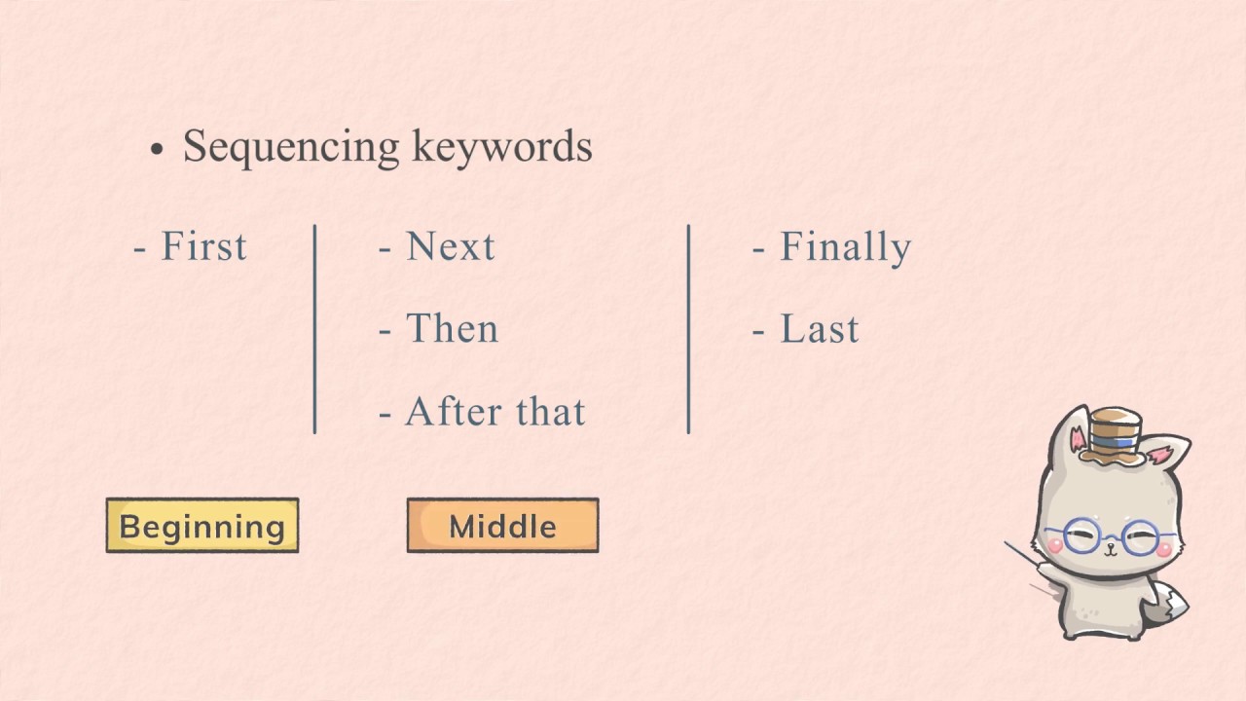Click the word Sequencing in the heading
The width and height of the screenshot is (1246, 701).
point(291,147)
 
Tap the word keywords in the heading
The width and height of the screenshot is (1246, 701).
point(502,147)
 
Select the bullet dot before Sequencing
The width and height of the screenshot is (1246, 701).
point(158,149)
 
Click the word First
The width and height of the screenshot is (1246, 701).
point(203,245)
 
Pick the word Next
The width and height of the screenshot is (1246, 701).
point(451,245)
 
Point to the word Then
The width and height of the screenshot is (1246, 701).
point(453,328)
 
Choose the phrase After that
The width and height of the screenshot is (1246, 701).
point(495,411)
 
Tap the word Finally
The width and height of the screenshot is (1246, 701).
point(846,247)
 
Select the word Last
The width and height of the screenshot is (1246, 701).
point(820,328)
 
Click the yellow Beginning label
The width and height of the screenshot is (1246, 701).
point(202,525)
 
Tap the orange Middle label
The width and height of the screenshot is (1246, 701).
point(503,525)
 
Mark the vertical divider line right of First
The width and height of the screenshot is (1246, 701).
point(314,329)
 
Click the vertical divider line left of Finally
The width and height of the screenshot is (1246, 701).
point(688,329)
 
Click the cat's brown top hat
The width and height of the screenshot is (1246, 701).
point(1113,437)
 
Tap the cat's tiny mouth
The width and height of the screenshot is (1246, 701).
point(1111,551)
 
